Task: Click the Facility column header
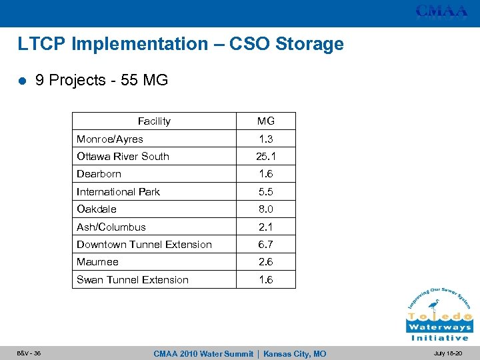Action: click(x=154, y=121)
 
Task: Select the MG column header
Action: click(x=266, y=121)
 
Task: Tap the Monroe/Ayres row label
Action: click(x=110, y=139)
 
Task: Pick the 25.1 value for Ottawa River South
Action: click(x=266, y=157)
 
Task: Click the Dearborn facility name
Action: click(x=99, y=174)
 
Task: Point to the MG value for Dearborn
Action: click(x=266, y=174)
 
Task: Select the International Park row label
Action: click(x=118, y=192)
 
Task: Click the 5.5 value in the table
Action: click(x=266, y=192)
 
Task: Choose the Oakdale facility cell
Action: click(x=97, y=209)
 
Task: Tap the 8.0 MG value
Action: click(x=266, y=209)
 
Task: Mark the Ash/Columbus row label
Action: click(x=111, y=227)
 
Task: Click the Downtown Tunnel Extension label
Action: click(x=144, y=245)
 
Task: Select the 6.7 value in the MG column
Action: click(x=266, y=245)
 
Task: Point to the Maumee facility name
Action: click(x=98, y=262)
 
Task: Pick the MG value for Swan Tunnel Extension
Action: click(x=266, y=280)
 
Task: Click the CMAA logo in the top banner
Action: click(x=442, y=11)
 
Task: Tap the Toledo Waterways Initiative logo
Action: click(x=439, y=314)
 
